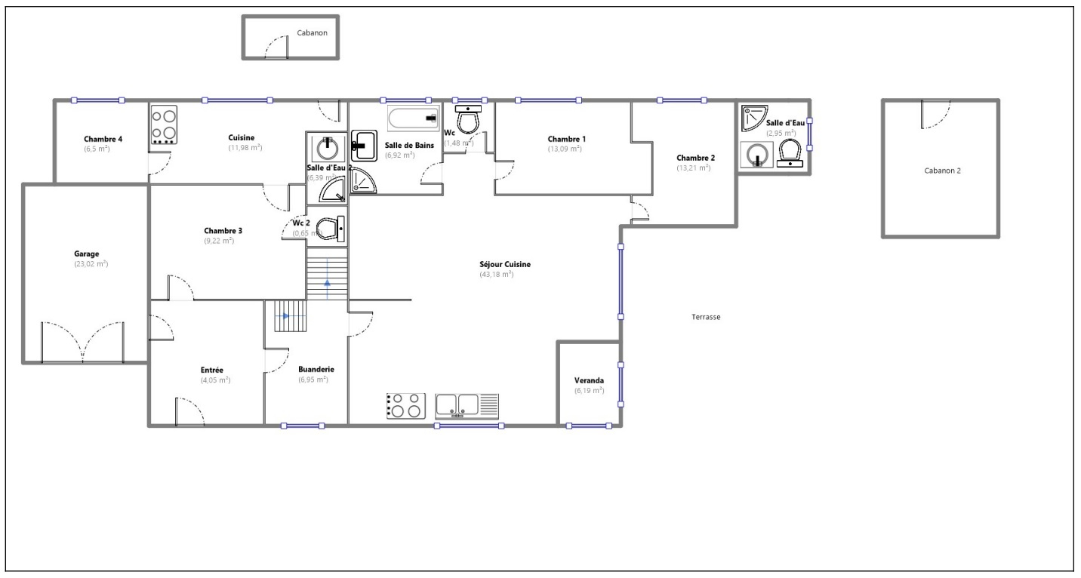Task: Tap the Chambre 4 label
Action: click(x=103, y=139)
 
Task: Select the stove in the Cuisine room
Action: click(x=164, y=125)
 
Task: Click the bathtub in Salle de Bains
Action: click(x=413, y=118)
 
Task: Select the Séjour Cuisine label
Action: click(x=505, y=264)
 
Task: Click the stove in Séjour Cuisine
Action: click(x=405, y=405)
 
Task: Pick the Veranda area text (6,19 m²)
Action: click(x=589, y=391)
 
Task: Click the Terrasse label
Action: click(x=706, y=317)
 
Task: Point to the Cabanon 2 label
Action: click(x=942, y=171)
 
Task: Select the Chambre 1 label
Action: click(x=566, y=139)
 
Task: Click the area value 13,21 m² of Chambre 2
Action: click(x=693, y=168)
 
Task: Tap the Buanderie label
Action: click(x=316, y=369)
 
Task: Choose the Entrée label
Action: click(x=211, y=370)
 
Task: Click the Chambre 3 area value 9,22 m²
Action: click(x=218, y=241)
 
